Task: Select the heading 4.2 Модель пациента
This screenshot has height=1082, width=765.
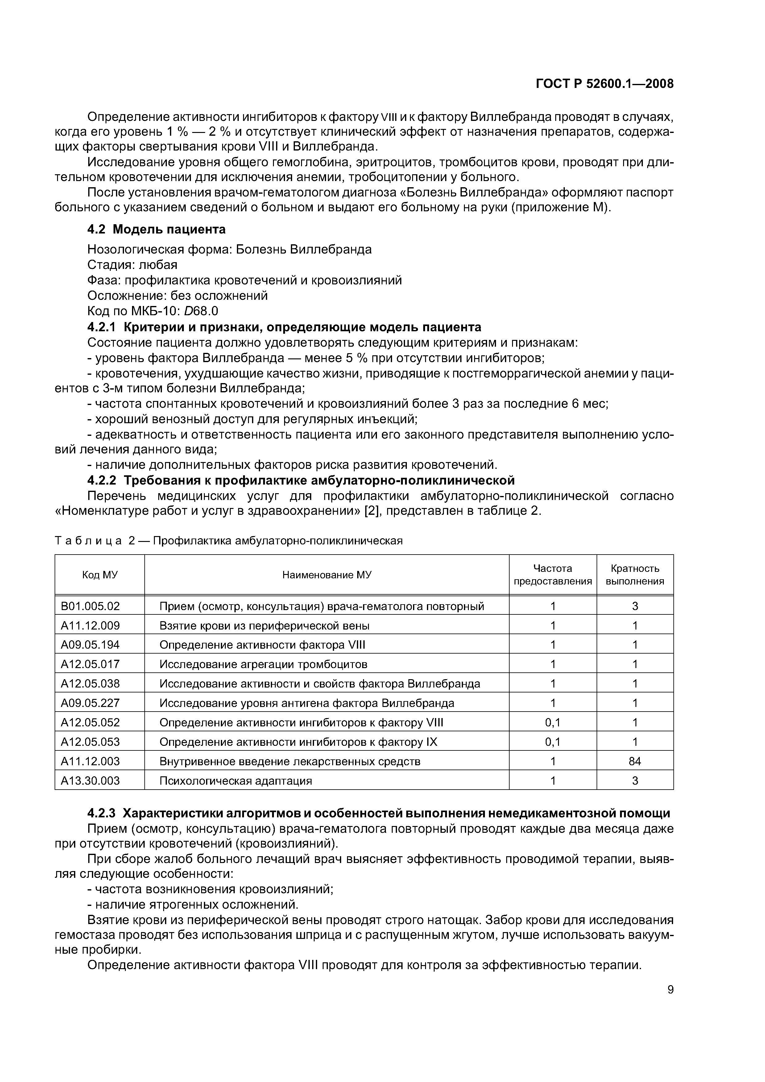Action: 156,229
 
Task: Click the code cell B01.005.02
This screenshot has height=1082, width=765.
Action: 90,606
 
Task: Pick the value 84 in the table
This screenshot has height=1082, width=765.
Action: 635,761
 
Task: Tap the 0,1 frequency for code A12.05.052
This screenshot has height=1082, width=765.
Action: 552,722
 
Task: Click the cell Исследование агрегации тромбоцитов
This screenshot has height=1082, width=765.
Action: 263,664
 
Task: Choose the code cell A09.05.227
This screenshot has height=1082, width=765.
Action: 90,703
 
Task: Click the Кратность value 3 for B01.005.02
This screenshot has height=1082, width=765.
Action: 635,606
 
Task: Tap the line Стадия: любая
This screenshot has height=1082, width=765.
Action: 132,265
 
